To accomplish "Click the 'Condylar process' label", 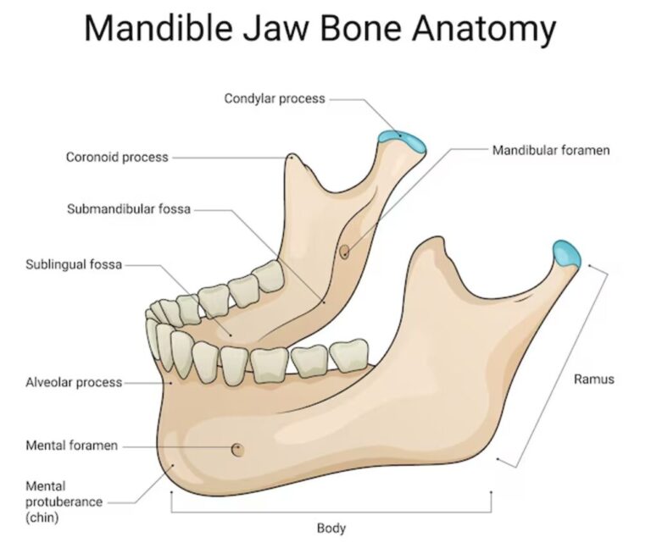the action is pos(275,99).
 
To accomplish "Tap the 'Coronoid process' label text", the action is pos(117,158).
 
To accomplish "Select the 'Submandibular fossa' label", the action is pos(129,208).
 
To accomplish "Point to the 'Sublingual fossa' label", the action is pos(74,264).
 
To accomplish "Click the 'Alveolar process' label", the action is pos(74,382).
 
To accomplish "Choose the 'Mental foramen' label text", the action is pos(72,446).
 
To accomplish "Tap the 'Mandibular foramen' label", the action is pos(551,150).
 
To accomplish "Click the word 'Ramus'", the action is pos(593,380).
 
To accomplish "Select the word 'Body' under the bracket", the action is pos(331,528).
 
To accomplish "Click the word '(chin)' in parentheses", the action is pos(42,518).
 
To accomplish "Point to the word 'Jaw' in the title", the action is pos(276,28).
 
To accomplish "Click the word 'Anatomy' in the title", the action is pos(484,29).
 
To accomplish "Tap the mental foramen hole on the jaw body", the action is pos(237,450).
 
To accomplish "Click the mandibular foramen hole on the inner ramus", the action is pos(344,252).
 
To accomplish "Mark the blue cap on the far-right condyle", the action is pos(566,253).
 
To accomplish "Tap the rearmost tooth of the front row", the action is pos(349,355).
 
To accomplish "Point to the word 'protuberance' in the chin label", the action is pos(64,502).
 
